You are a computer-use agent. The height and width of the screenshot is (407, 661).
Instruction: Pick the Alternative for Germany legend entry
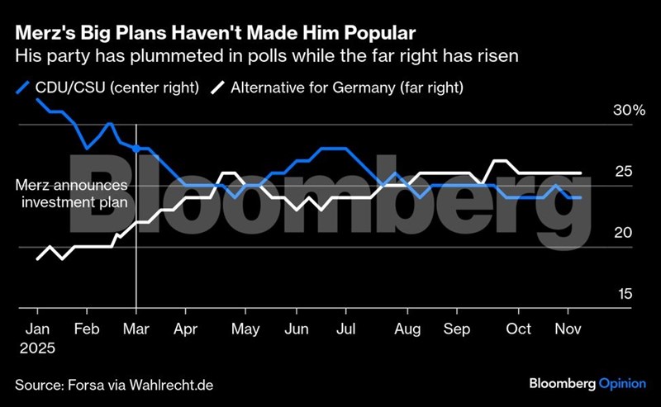click(x=335, y=86)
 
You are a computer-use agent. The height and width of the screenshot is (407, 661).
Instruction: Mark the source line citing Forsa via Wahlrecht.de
click(x=119, y=384)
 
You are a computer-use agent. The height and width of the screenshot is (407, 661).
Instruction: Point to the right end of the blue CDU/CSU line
click(x=582, y=198)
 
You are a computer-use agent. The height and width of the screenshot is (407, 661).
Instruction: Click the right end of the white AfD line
click(x=582, y=173)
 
